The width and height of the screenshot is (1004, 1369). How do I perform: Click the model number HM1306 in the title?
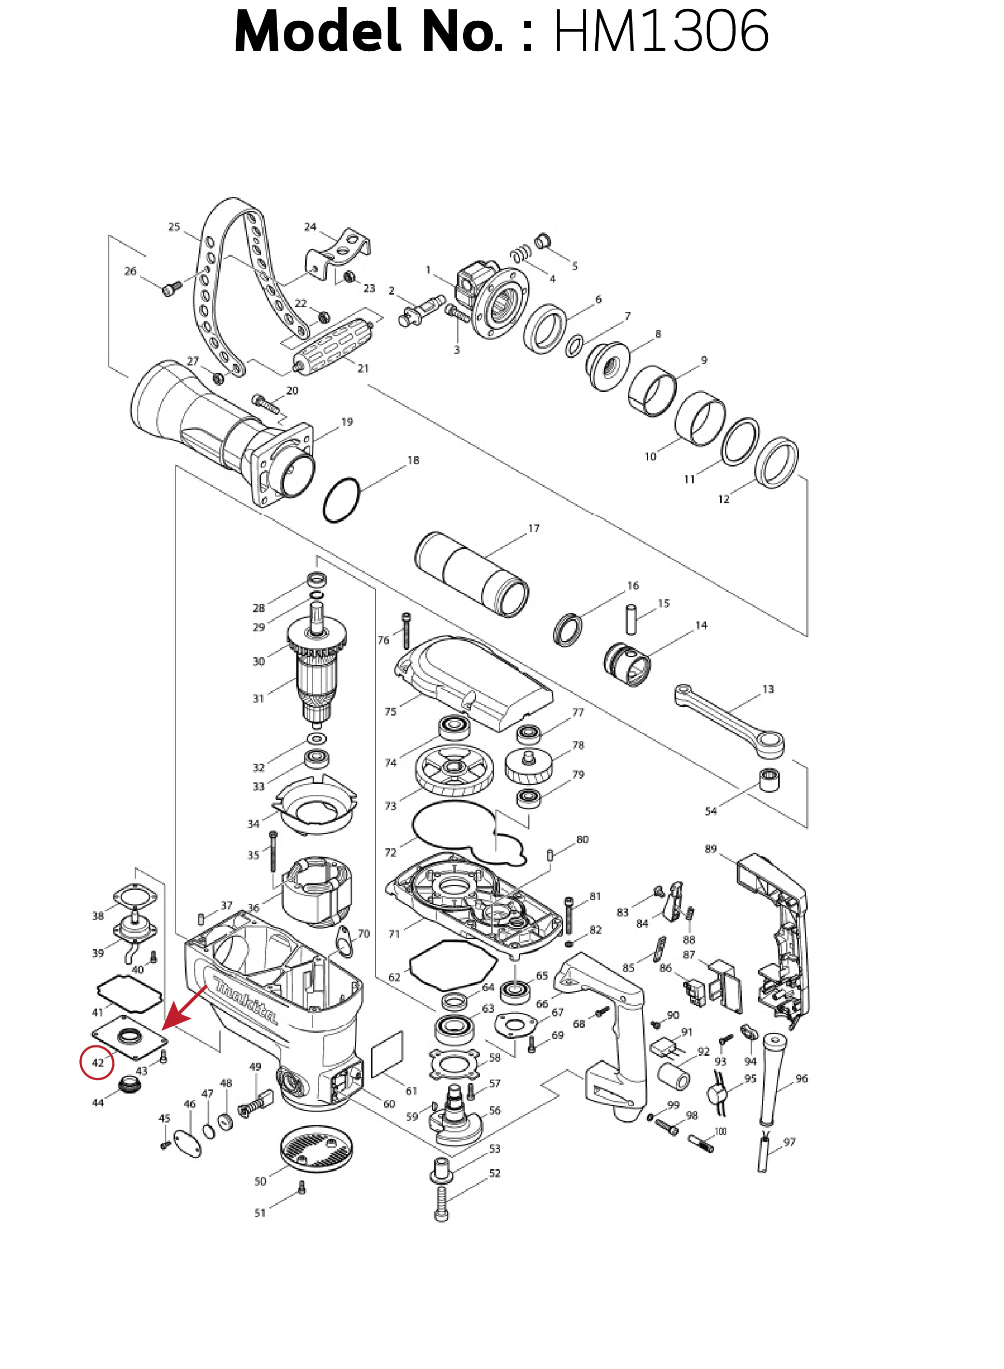(661, 31)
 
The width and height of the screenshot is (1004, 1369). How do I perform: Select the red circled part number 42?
(97, 1063)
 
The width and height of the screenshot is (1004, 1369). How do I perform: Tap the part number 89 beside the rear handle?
(710, 849)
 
